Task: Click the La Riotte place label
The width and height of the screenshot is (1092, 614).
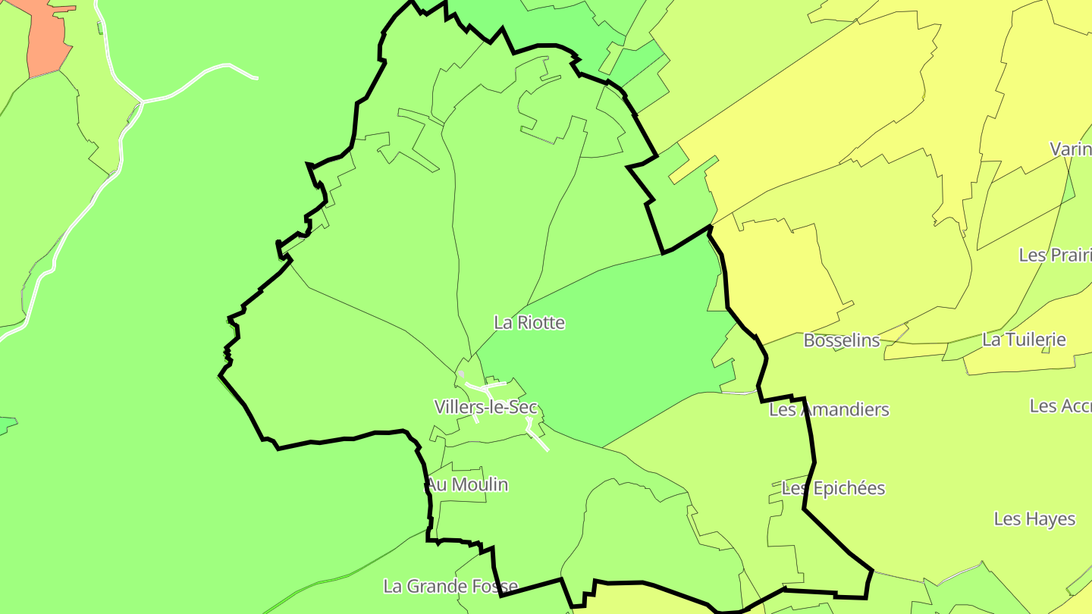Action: (x=529, y=322)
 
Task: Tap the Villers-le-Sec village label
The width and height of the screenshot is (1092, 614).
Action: (x=485, y=406)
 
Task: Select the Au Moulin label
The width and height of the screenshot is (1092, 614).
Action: (x=467, y=484)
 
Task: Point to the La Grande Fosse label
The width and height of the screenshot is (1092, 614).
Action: (x=450, y=586)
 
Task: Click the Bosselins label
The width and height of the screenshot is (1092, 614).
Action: (x=841, y=340)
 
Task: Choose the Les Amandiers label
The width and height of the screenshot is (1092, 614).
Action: (x=829, y=409)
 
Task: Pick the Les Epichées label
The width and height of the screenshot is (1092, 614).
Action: (x=833, y=488)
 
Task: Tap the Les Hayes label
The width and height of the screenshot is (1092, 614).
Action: (x=1034, y=519)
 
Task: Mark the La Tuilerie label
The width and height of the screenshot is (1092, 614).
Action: (x=1024, y=340)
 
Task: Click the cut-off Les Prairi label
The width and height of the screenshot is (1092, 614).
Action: (x=1055, y=255)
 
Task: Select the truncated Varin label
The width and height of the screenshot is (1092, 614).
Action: (x=1070, y=149)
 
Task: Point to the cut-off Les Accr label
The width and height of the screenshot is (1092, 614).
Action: (x=1060, y=406)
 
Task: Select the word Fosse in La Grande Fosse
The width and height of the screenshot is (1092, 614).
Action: (x=494, y=586)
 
